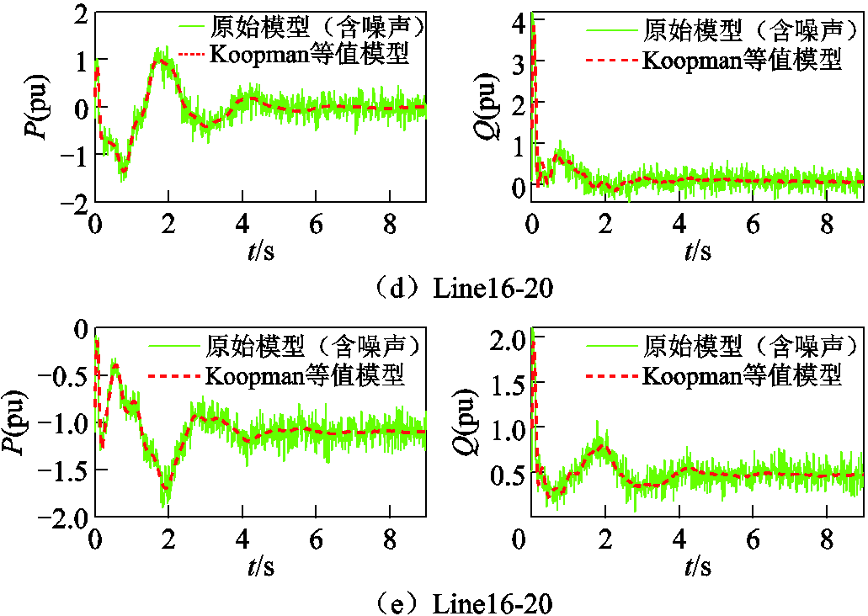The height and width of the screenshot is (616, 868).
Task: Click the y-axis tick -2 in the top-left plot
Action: [x=74, y=203]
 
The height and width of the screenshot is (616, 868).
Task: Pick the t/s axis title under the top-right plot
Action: [x=698, y=250]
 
